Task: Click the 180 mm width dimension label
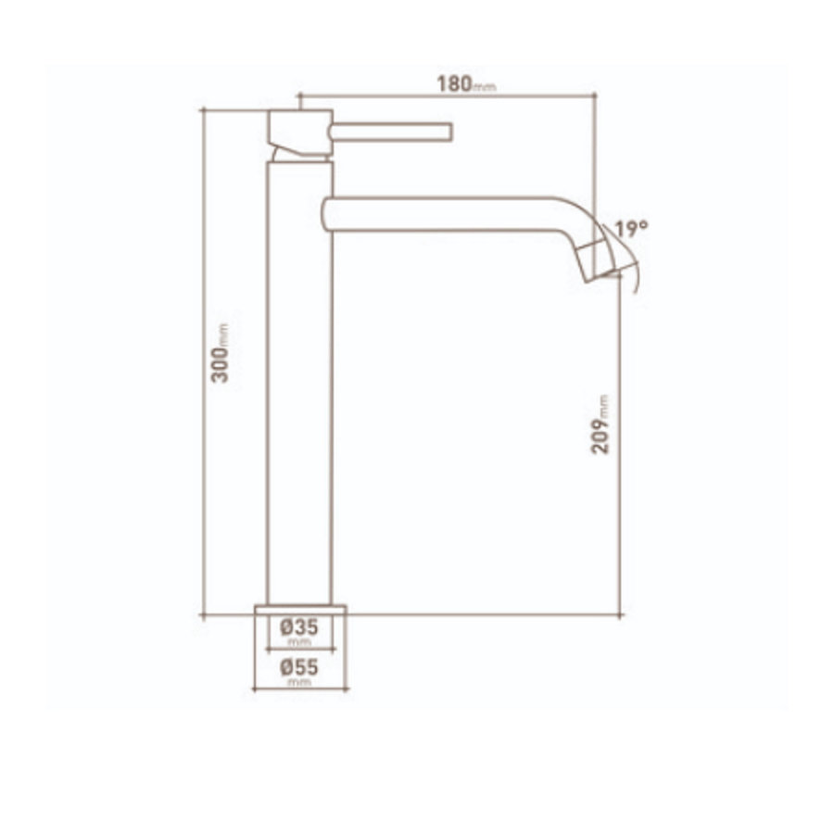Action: (465, 82)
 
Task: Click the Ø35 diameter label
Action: (298, 627)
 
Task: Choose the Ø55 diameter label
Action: (298, 666)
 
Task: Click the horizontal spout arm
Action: (445, 213)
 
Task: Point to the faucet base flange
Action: (298, 609)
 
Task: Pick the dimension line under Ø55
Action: (298, 689)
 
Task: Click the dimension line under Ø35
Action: (298, 650)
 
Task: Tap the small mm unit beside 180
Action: (486, 88)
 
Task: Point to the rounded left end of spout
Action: (324, 213)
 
